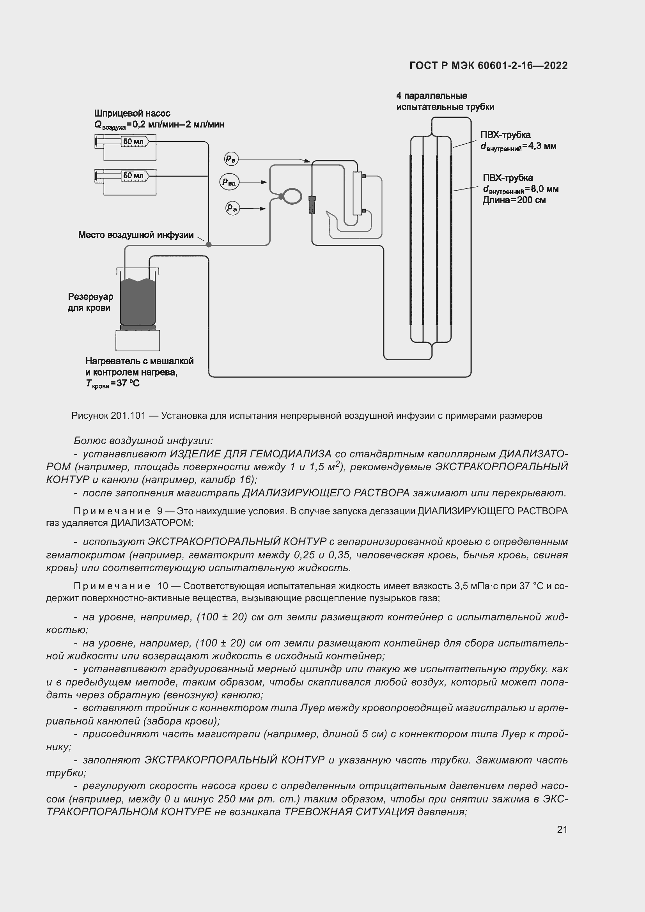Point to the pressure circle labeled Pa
pos(232,208)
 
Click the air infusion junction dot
pos(209,245)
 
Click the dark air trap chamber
pos(312,205)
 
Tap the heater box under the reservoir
pos(138,340)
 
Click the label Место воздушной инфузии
pos(136,235)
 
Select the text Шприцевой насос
pos(132,113)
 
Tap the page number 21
pos(562,829)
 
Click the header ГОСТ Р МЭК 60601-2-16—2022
pos(489,66)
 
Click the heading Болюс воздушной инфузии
pos(144,441)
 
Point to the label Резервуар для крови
pos(90,302)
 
